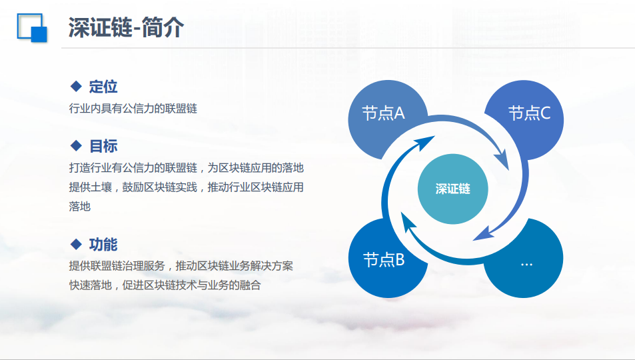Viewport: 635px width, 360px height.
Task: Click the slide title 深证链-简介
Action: pyautogui.click(x=126, y=27)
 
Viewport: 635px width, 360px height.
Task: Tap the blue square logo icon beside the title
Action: pyautogui.click(x=32, y=28)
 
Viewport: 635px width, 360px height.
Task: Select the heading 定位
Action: pyautogui.click(x=103, y=87)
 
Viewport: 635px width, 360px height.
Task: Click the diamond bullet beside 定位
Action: pyautogui.click(x=76, y=86)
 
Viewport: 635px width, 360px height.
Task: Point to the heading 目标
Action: pyautogui.click(x=103, y=146)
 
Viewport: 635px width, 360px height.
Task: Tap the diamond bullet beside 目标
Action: pyautogui.click(x=76, y=145)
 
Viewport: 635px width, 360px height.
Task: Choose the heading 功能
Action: pyautogui.click(x=103, y=245)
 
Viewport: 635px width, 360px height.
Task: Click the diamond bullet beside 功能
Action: pyautogui.click(x=76, y=244)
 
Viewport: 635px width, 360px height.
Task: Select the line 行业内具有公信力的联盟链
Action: pyautogui.click(x=133, y=109)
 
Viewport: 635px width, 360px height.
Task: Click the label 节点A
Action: pyautogui.click(x=383, y=113)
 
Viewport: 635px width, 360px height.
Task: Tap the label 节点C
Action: pyautogui.click(x=529, y=113)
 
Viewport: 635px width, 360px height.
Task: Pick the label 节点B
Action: pyautogui.click(x=384, y=259)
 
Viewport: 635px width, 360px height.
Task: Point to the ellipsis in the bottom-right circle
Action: pyautogui.click(x=526, y=265)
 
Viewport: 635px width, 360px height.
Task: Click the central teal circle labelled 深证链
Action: pyautogui.click(x=452, y=189)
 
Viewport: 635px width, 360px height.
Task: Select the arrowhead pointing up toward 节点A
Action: pyautogui.click(x=424, y=143)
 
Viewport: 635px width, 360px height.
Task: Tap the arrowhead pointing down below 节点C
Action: pyautogui.click(x=502, y=160)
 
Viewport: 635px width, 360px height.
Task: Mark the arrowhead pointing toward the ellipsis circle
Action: pyautogui.click(x=484, y=234)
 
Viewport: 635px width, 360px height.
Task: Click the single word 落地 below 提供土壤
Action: pyautogui.click(x=80, y=207)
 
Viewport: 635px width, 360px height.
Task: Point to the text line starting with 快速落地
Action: pyautogui.click(x=165, y=285)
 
